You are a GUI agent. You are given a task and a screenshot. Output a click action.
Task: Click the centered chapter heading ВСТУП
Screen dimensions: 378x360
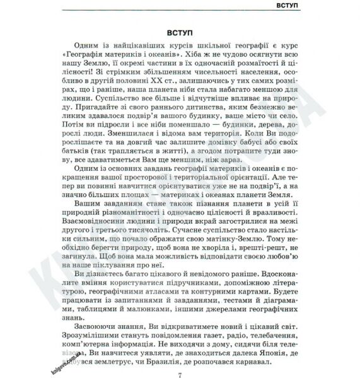(180, 30)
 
